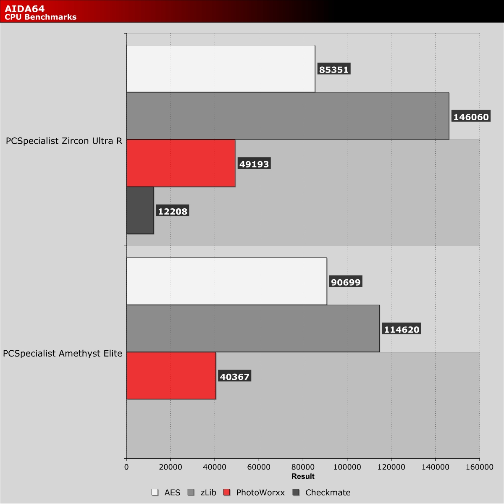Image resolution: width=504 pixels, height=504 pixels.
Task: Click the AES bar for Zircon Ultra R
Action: tap(220, 68)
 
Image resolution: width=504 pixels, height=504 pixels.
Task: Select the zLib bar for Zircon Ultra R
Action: tap(287, 116)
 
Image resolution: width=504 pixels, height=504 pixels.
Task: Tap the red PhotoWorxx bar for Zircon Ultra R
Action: tap(181, 163)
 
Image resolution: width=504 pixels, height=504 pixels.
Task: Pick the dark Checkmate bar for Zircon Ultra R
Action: tap(140, 210)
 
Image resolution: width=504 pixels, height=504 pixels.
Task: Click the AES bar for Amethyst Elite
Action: tap(226, 281)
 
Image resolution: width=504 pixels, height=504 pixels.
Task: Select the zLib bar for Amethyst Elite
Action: tap(253, 328)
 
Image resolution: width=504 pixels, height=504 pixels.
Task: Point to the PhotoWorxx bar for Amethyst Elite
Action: tap(171, 375)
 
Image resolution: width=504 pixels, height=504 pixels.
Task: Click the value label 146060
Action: tap(471, 117)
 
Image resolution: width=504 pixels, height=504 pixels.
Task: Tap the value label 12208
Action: tap(173, 211)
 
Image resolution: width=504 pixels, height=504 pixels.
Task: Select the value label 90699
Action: tap(346, 282)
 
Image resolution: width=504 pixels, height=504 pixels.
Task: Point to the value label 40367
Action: tap(235, 377)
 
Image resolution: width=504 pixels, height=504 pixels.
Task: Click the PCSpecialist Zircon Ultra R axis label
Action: tap(64, 141)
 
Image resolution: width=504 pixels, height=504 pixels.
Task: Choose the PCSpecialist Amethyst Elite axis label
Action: tap(63, 354)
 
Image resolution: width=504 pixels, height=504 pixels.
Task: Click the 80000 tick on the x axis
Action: tap(303, 467)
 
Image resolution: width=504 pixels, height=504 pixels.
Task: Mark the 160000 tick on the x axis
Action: tap(480, 467)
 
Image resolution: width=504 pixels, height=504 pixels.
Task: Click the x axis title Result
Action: tap(303, 476)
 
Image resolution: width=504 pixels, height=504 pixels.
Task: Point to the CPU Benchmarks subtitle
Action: tap(41, 17)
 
